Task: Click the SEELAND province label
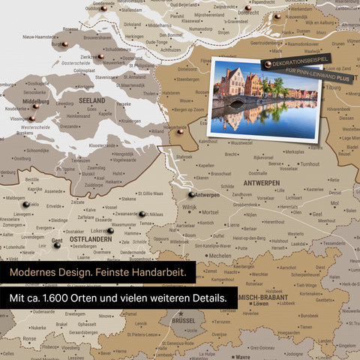click(91, 100)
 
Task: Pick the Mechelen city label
click(218, 255)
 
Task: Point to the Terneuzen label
click(79, 160)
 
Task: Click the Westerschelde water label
click(35, 127)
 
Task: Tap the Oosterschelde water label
click(75, 64)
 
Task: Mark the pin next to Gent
click(57, 244)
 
